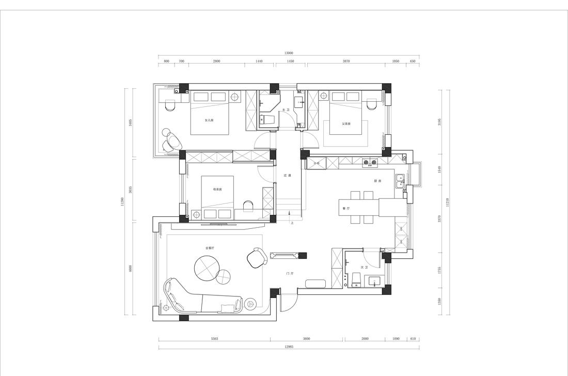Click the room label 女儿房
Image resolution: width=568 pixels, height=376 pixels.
[209, 120]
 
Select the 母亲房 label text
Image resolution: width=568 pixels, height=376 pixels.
[217, 190]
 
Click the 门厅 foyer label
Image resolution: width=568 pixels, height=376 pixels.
[290, 273]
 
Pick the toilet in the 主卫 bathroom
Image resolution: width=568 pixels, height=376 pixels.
[266, 119]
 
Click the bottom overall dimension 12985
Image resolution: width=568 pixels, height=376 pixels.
[289, 347]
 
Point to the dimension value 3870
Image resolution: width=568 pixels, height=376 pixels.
[346, 61]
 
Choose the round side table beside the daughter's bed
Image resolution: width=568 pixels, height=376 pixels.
[235, 97]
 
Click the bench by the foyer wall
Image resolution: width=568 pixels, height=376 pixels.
[314, 283]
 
